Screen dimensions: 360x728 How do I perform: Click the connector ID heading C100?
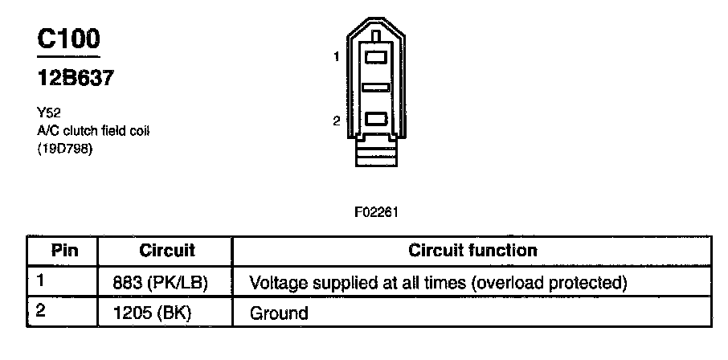click(68, 40)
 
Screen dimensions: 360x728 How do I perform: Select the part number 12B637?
click(73, 80)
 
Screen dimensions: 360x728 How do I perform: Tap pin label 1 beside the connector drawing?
click(338, 56)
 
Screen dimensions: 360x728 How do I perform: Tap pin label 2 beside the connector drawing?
click(338, 121)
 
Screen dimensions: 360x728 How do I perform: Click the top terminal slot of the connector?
click(376, 57)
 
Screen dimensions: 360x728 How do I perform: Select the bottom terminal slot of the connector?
click(376, 120)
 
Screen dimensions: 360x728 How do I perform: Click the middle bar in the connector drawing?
click(376, 87)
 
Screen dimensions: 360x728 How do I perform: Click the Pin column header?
click(64, 250)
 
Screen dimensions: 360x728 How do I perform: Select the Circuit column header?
click(167, 250)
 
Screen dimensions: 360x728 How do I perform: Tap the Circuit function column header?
click(472, 250)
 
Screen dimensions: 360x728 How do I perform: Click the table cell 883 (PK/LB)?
click(162, 283)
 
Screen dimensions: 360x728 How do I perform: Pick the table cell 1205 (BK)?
click(156, 312)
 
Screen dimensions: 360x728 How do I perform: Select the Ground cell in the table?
click(280, 312)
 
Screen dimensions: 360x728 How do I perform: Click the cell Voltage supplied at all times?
click(439, 283)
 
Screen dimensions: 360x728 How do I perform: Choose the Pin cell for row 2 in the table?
click(40, 310)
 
